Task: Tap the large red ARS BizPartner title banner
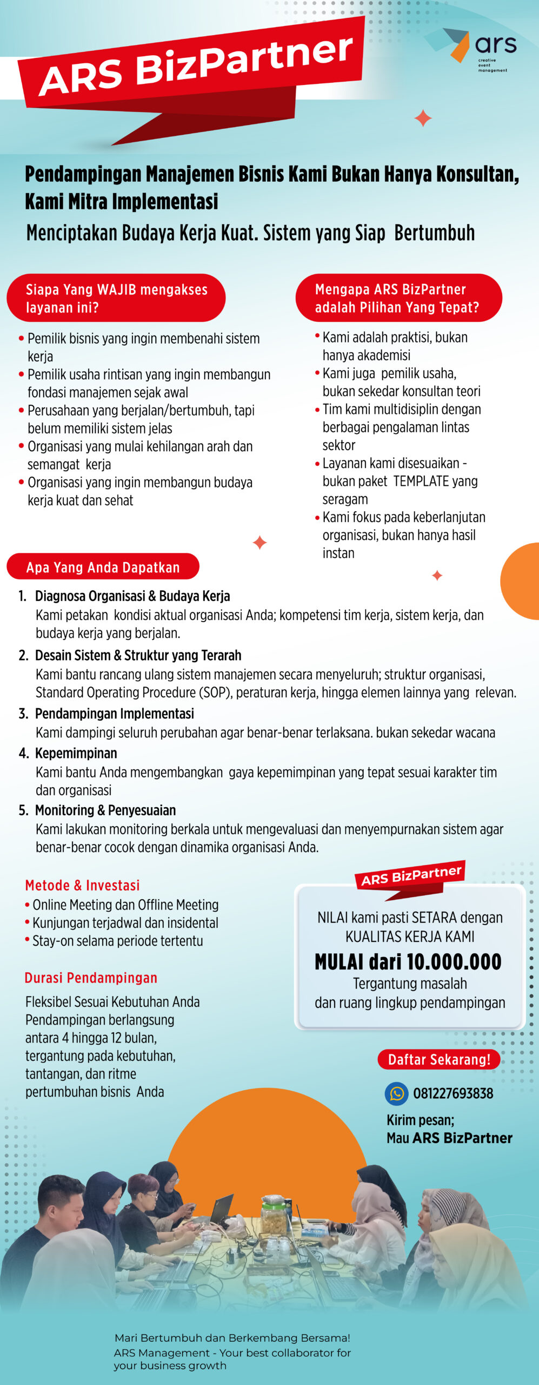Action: (x=195, y=65)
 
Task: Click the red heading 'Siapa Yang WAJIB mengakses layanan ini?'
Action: (x=116, y=298)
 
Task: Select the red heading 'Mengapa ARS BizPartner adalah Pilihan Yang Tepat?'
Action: (x=397, y=298)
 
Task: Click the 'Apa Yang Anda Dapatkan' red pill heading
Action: (x=103, y=567)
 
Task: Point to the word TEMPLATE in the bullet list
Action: (x=421, y=481)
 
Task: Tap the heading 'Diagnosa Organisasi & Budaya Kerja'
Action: (x=132, y=596)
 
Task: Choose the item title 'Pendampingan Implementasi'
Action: (x=114, y=714)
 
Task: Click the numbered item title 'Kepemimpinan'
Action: (x=76, y=753)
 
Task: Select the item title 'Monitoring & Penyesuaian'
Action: (x=105, y=810)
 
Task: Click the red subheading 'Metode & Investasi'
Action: (x=82, y=885)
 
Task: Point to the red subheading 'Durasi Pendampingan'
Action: (x=91, y=978)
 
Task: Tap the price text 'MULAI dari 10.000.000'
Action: (x=408, y=961)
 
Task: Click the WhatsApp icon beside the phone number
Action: (x=396, y=1093)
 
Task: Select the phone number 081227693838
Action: (x=453, y=1093)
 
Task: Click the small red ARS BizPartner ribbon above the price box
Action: (x=411, y=876)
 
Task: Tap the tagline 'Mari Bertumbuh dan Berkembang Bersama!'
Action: (x=232, y=1338)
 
